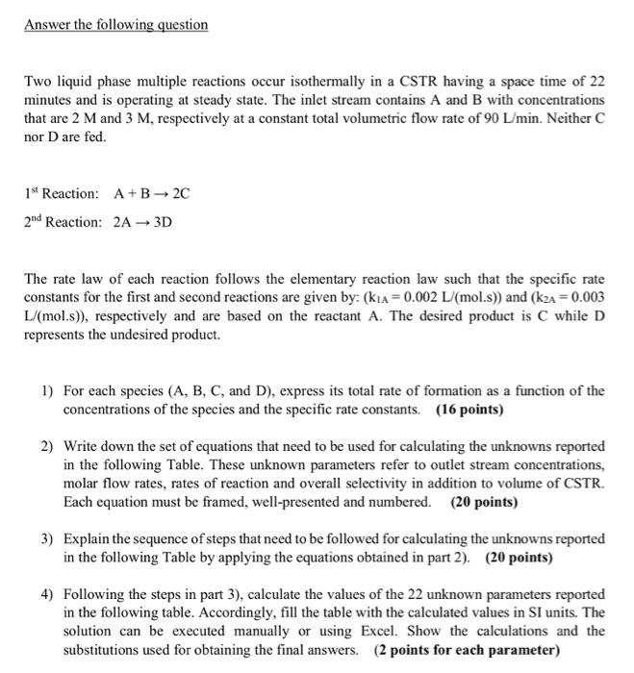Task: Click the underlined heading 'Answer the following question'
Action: click(115, 24)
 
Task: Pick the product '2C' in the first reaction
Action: click(180, 192)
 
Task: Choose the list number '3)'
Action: click(47, 538)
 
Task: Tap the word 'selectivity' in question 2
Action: click(320, 485)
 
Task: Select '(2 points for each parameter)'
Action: click(467, 648)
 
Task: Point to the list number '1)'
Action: click(47, 391)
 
